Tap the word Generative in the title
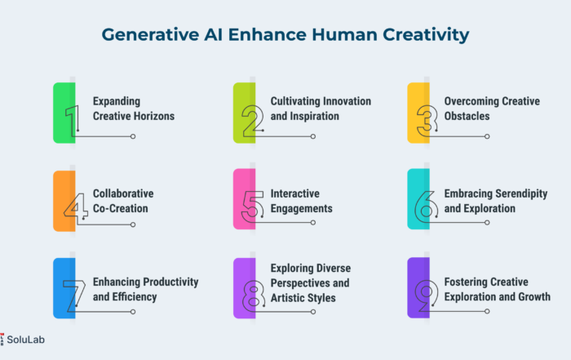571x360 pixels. point(150,34)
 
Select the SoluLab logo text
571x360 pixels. point(25,340)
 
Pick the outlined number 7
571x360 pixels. point(74,296)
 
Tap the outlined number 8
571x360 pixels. point(254,296)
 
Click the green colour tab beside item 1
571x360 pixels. point(64,113)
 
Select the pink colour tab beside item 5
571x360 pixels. point(244,199)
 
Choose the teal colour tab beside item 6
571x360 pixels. point(418,199)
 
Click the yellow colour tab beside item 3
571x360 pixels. point(418,113)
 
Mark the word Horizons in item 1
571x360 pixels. point(154,116)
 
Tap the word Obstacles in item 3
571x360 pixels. point(467,116)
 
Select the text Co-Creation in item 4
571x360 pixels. point(121,208)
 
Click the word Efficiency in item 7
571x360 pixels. point(135,297)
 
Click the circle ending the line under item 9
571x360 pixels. point(487,311)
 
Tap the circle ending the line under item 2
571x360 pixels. point(312,136)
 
